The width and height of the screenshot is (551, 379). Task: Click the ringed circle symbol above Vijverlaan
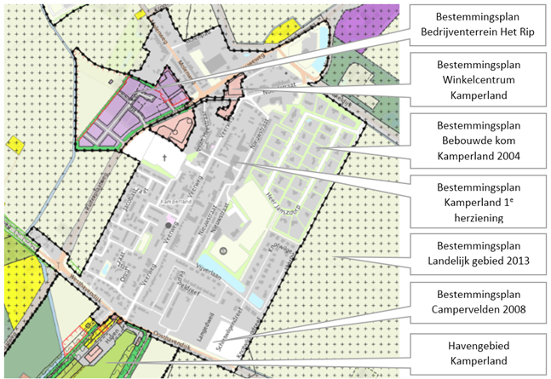(x=222, y=251)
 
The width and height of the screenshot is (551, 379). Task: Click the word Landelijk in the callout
(x=454, y=264)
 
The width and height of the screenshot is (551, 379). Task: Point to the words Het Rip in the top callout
(x=511, y=32)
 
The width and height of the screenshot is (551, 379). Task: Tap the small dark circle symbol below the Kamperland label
(x=169, y=225)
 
